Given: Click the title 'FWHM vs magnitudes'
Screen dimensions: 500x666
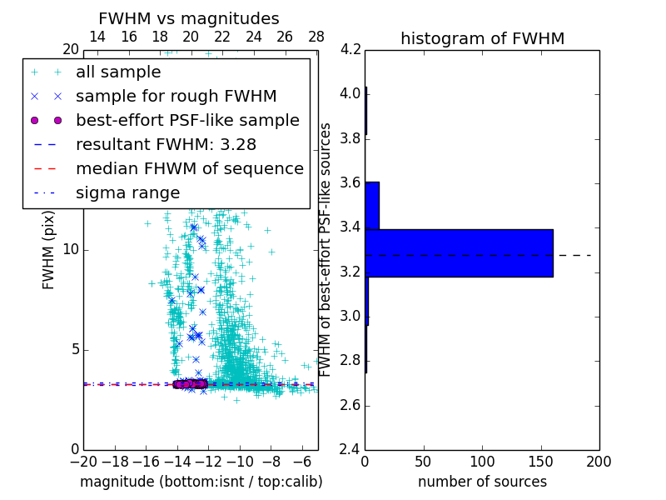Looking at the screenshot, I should click(x=189, y=18).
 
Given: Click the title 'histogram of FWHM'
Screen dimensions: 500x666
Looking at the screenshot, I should click(x=482, y=38).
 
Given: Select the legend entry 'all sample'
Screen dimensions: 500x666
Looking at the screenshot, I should click(x=118, y=72).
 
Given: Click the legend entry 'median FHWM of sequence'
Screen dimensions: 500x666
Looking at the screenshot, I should click(x=189, y=168).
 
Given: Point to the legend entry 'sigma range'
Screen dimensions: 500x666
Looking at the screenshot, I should click(x=127, y=192).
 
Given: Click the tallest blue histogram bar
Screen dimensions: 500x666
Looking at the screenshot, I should click(x=459, y=252).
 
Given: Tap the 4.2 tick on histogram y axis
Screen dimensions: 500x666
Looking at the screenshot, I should click(x=350, y=49).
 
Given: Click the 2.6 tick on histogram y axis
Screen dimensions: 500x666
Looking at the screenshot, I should click(x=350, y=405).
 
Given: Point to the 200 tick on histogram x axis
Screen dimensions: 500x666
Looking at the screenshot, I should click(x=599, y=461).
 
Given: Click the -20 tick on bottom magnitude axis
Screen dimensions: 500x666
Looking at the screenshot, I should click(x=83, y=461).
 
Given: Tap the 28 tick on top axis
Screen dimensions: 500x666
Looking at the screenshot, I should click(x=316, y=37).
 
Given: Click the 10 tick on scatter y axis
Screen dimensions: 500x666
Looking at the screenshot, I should click(x=71, y=249).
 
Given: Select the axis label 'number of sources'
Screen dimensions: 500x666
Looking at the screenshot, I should click(x=482, y=482).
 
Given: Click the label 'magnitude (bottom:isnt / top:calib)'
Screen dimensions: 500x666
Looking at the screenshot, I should click(x=201, y=482).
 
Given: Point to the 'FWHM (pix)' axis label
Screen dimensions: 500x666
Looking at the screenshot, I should click(x=48, y=249).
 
